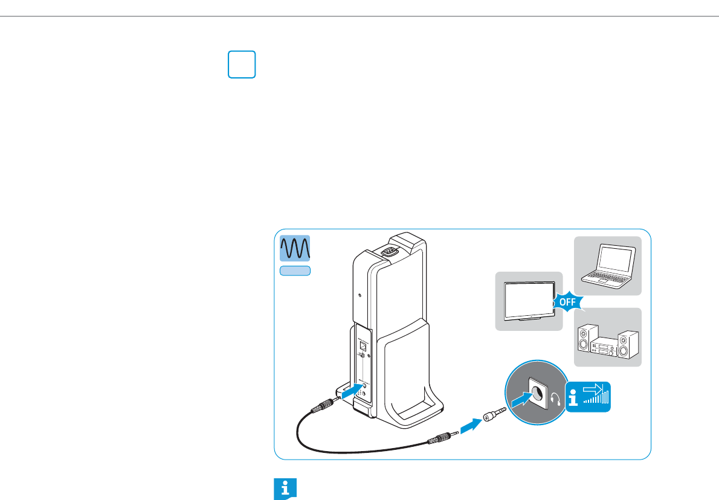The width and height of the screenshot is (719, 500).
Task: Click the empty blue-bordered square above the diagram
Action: [242, 65]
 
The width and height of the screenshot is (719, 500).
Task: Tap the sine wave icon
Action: [295, 248]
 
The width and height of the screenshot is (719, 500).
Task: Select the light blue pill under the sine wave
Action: [295, 271]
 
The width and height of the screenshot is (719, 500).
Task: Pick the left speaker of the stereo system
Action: [584, 339]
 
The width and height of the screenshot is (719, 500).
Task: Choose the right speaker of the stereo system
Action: [628, 341]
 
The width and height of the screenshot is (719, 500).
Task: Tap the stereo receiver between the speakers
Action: [605, 347]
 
